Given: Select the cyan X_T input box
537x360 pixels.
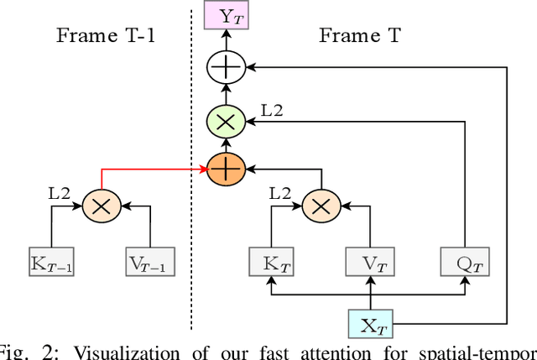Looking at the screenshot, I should pyautogui.click(x=370, y=323).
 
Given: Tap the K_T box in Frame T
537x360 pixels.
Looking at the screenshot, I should pyautogui.click(x=271, y=263).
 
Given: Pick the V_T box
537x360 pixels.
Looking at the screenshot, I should pyautogui.click(x=370, y=263).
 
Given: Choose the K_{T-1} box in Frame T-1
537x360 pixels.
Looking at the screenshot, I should pyautogui.click(x=52, y=263).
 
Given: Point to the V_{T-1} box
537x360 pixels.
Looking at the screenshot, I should pyautogui.click(x=149, y=263).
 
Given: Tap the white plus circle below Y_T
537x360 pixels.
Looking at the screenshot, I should pyautogui.click(x=225, y=65).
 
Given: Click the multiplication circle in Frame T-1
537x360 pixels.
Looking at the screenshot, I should pyautogui.click(x=101, y=205).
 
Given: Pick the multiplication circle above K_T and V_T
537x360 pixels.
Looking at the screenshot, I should pyautogui.click(x=320, y=205).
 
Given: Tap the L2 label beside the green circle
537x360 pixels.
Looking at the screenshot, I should pyautogui.click(x=270, y=109).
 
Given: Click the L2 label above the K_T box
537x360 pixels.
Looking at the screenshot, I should pyautogui.click(x=280, y=193).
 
